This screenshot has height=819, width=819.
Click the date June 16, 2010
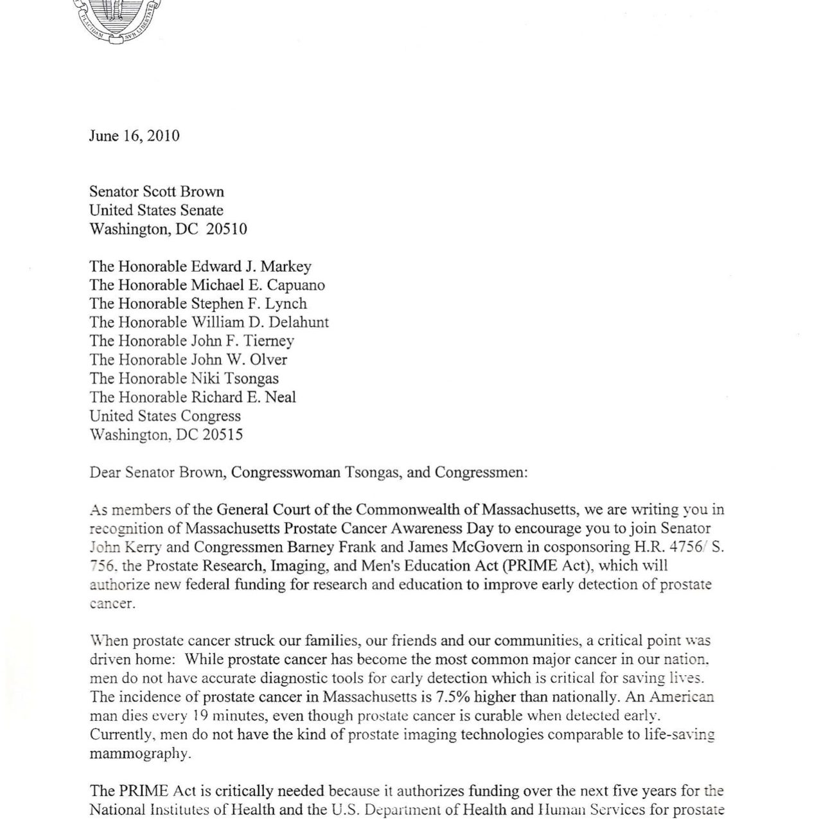point(134,136)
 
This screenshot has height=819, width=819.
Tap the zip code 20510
point(226,229)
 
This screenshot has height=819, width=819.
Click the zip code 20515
point(222,435)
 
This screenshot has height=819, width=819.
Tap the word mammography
point(140,753)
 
